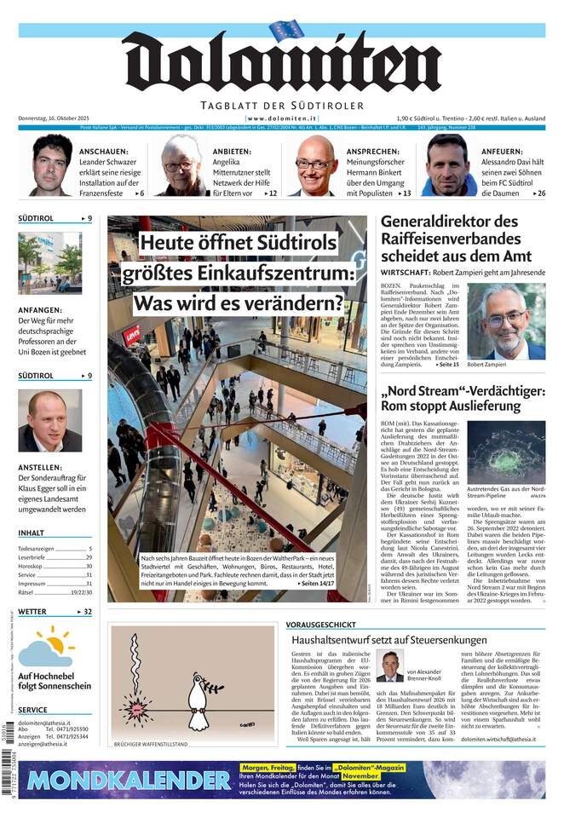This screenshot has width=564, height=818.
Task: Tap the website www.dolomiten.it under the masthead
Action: (x=281, y=118)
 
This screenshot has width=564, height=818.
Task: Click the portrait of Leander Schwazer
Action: (x=51, y=165)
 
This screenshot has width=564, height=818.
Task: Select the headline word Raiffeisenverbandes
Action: (x=451, y=239)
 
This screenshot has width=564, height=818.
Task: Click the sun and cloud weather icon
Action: (x=47, y=647)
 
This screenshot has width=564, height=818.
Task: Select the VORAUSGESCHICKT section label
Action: (x=321, y=624)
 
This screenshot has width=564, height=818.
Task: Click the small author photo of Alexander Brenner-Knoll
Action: (x=390, y=666)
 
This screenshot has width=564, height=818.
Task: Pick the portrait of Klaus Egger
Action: (x=50, y=421)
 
